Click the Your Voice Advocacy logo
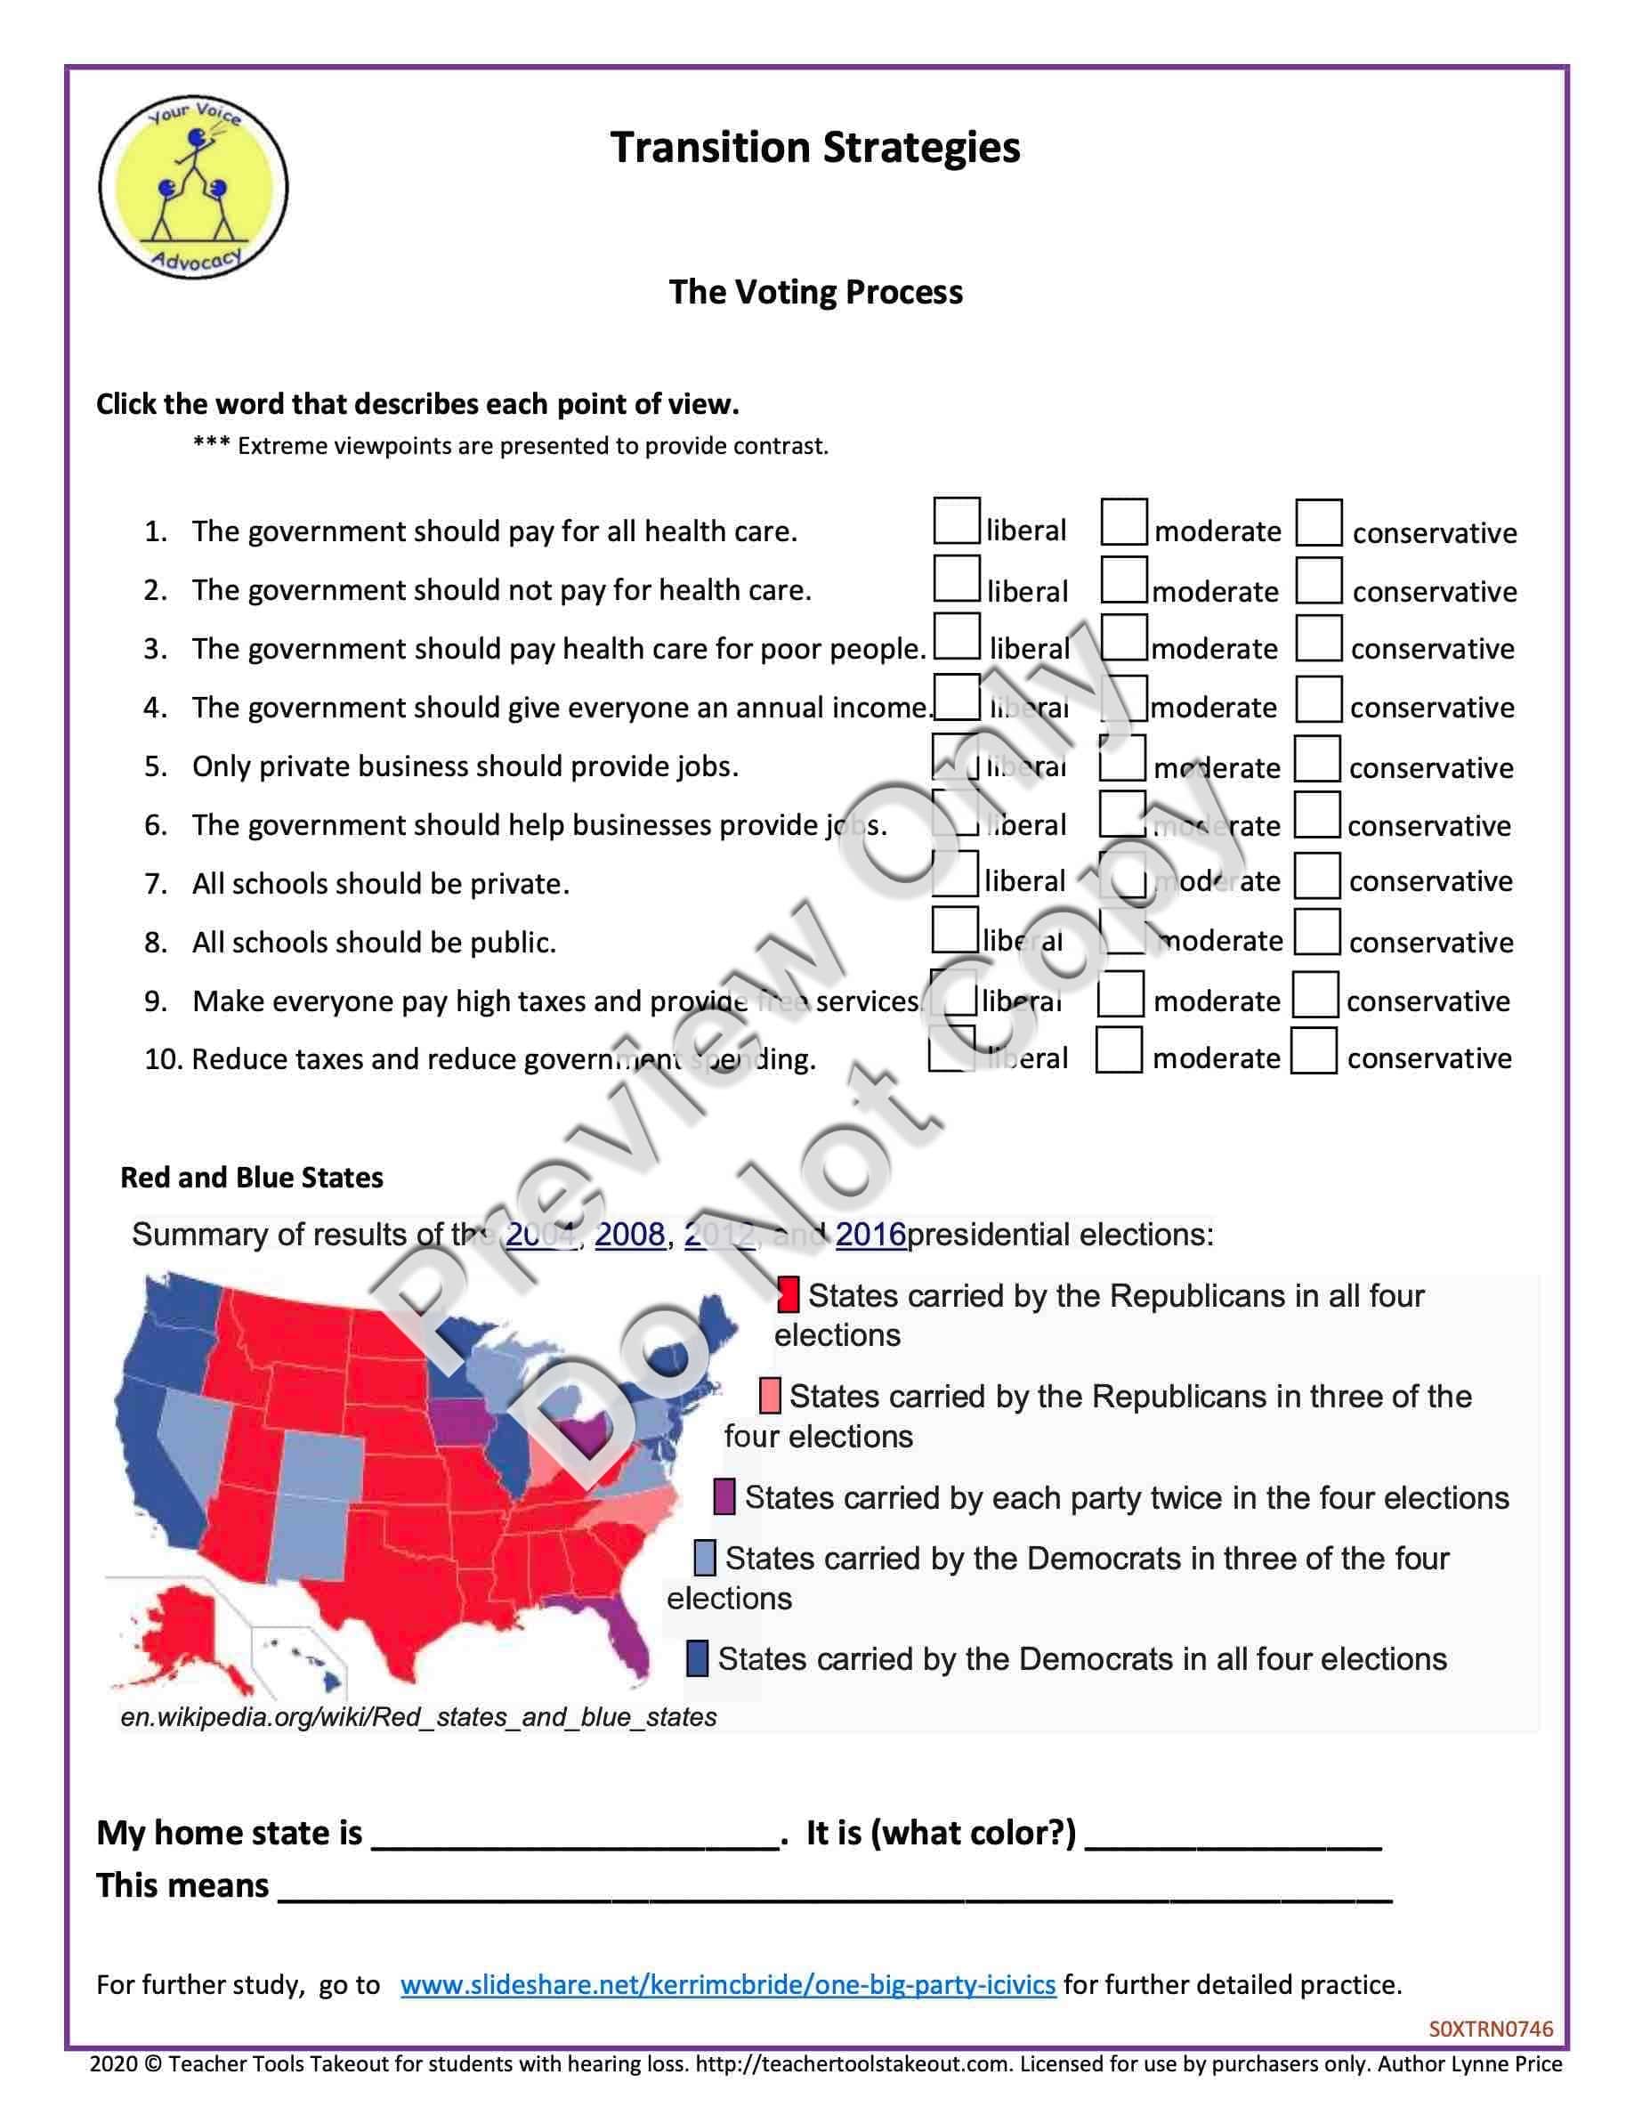tap(194, 187)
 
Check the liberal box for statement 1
tap(957, 521)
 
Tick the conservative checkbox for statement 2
tap(1318, 581)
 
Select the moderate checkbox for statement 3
tap(1124, 638)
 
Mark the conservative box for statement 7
tap(1317, 875)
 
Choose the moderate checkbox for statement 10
tap(1119, 1050)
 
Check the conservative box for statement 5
tap(1317, 759)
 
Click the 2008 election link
tap(629, 1235)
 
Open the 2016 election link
tap(870, 1235)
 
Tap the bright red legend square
tap(788, 1295)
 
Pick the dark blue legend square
tap(697, 1658)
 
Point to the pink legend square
tap(770, 1396)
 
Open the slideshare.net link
tap(728, 1985)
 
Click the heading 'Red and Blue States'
tap(252, 1178)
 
